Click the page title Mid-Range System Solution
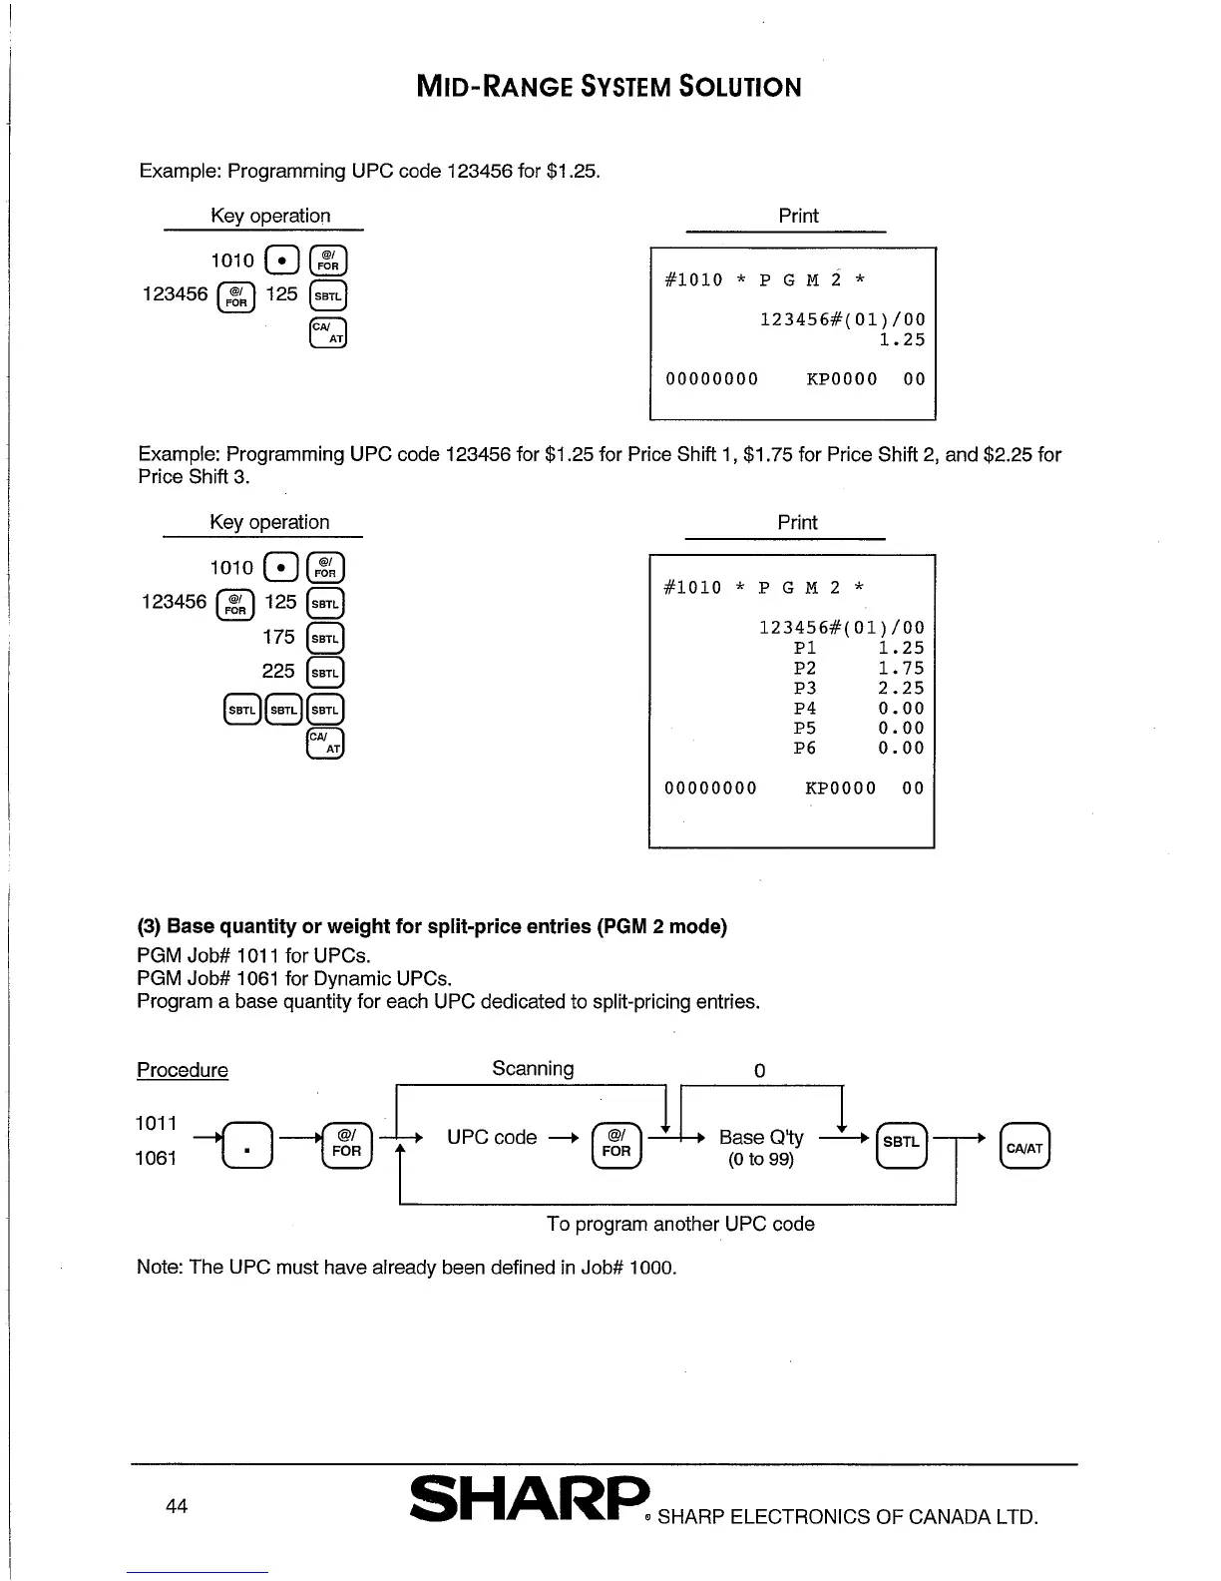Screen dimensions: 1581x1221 click(x=609, y=87)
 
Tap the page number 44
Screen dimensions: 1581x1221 click(x=177, y=1506)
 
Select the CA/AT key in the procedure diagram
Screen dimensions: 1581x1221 click(x=1024, y=1147)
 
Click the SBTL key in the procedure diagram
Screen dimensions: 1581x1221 click(x=901, y=1144)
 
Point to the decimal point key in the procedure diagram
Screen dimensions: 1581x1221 click(x=246, y=1146)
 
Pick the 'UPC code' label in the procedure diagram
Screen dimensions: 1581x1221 click(x=492, y=1138)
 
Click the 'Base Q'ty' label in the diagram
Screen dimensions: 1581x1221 click(x=760, y=1138)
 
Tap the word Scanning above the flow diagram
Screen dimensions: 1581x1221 click(x=533, y=1069)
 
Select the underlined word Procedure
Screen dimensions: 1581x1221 click(x=183, y=1070)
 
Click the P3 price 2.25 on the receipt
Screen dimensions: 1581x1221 click(x=901, y=689)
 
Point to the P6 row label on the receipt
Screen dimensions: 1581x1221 click(x=805, y=749)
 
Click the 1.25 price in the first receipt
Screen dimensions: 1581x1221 click(x=902, y=340)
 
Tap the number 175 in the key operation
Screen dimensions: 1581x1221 click(x=279, y=637)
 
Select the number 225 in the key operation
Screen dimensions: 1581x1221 click(x=278, y=671)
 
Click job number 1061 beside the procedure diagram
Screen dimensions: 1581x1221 click(x=157, y=1158)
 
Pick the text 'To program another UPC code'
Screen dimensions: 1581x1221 click(x=680, y=1224)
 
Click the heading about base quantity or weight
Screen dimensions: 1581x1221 click(x=432, y=926)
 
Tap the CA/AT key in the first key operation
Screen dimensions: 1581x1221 click(x=328, y=332)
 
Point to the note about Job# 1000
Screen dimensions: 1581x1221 click(x=407, y=1268)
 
